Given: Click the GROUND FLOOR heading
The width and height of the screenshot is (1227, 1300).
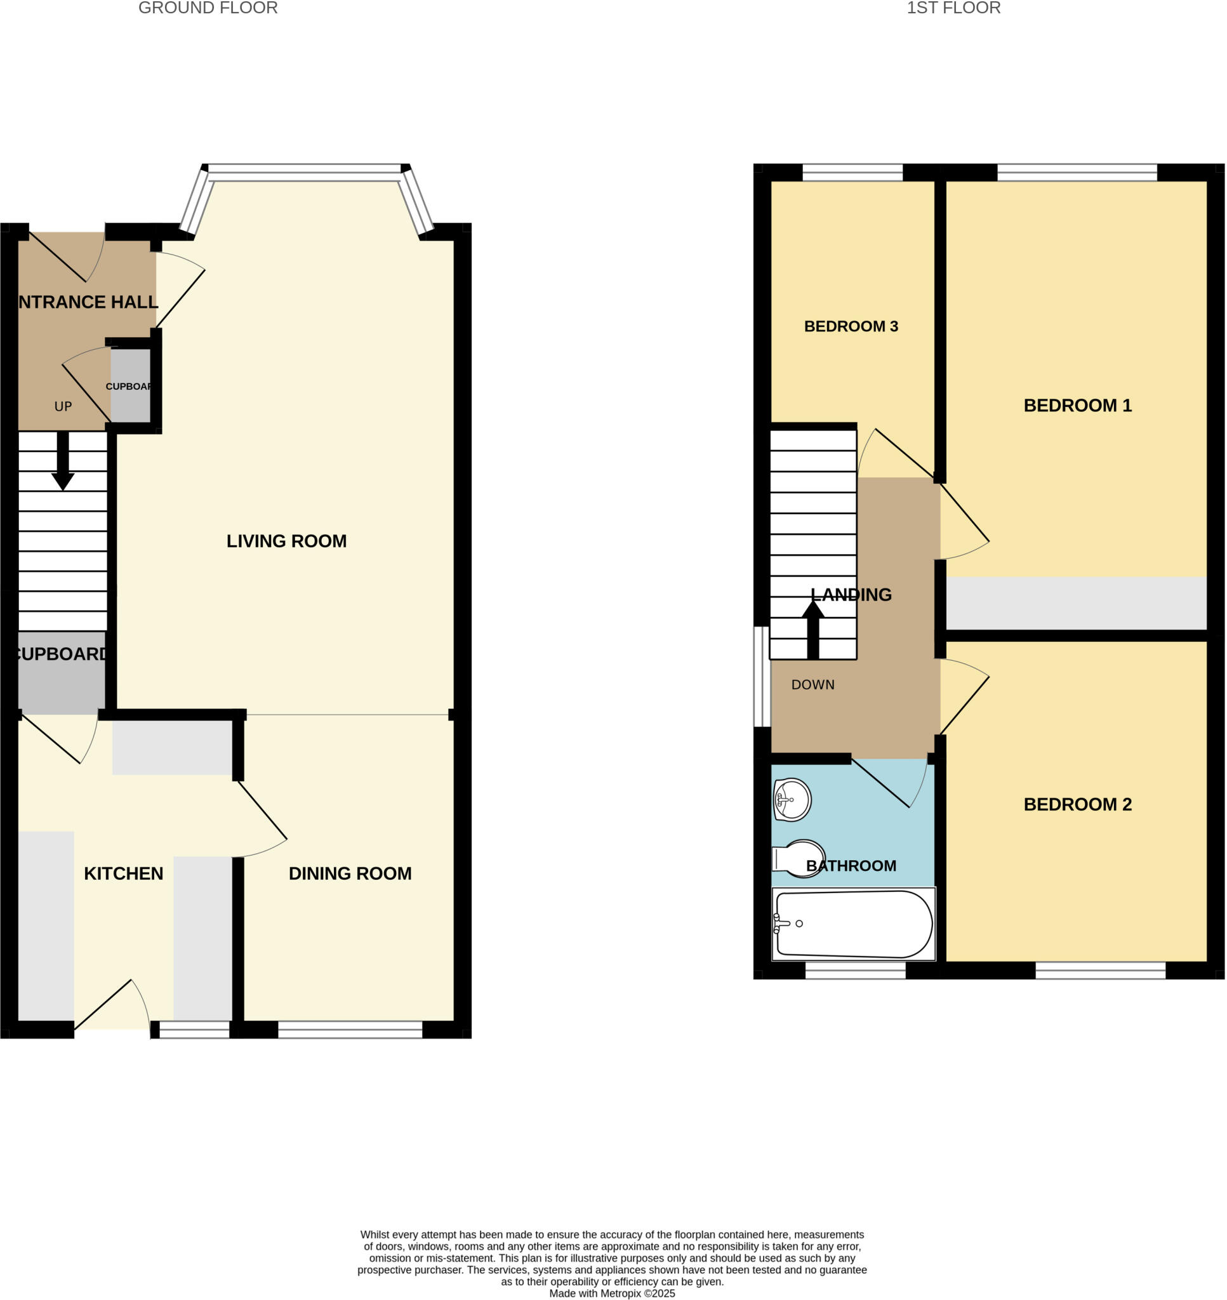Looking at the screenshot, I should pos(208,8).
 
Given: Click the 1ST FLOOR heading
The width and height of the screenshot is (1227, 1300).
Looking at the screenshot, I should pos(953,8).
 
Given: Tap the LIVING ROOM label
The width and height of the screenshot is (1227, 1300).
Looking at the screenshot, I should pos(286,541).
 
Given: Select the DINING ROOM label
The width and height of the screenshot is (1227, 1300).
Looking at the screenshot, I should pos(350,873).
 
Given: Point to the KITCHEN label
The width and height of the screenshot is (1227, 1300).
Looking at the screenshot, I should pos(124,873).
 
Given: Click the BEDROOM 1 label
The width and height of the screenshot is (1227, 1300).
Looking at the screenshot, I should pos(1077,406).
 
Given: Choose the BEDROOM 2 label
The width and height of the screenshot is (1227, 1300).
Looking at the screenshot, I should pos(1077,804).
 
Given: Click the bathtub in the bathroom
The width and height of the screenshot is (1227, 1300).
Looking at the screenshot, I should pos(854,924).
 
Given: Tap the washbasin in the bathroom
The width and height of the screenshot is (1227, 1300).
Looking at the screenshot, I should pos(792,799).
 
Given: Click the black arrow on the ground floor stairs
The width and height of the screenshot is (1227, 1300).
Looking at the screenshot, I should pos(63,461).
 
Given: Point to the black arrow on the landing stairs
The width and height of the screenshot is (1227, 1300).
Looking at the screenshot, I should pos(813,629).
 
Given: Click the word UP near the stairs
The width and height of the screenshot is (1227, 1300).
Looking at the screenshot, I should pos(63,407).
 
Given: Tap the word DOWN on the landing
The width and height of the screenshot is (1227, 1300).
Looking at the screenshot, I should pos(812,685).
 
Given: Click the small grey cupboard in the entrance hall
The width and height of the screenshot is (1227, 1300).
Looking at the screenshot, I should pos(130,386).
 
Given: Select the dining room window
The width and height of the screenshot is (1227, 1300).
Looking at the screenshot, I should pos(350,1030).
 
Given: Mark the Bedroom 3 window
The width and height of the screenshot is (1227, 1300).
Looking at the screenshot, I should pos(852,173).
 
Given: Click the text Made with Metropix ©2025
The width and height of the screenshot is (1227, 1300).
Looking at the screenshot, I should pos(611,1293).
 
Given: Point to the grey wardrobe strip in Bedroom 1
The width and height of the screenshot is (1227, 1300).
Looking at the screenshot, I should pos(1076,603).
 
